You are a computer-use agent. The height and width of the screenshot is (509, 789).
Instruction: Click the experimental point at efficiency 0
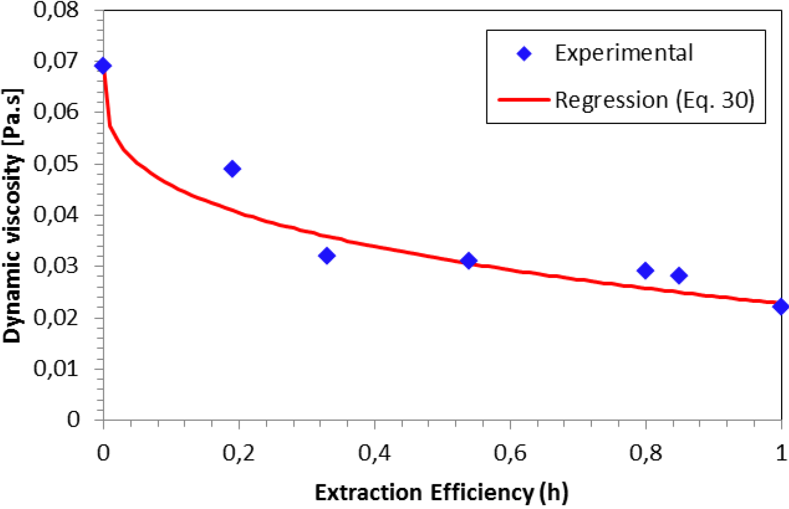[103, 66]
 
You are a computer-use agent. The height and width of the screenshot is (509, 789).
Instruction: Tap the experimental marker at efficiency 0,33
[327, 256]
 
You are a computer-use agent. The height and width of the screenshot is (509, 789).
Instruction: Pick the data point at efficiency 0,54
[469, 261]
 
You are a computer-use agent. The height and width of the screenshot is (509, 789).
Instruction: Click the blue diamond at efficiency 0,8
[645, 271]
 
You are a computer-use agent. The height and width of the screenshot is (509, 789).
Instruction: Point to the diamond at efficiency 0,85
[679, 276]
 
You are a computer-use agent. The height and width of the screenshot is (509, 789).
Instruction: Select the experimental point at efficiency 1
[781, 306]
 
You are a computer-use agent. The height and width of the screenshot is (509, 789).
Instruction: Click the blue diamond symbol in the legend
[524, 53]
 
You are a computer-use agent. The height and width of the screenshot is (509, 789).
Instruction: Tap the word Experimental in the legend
[624, 53]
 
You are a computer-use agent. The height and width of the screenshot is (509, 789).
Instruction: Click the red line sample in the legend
[524, 100]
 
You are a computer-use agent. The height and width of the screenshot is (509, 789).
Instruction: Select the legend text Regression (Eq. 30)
[655, 100]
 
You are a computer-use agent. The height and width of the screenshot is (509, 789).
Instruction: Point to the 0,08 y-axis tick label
[56, 10]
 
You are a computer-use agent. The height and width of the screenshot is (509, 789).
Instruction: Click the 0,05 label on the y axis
[56, 164]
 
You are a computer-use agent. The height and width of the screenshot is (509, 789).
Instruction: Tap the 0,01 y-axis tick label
[56, 369]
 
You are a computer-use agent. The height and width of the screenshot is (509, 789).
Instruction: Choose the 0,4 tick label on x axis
[374, 453]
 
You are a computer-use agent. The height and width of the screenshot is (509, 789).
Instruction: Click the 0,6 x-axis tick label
[510, 453]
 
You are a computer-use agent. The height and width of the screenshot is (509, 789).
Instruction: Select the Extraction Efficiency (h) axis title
[442, 493]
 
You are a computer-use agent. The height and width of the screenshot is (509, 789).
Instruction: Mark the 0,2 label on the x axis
[239, 453]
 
